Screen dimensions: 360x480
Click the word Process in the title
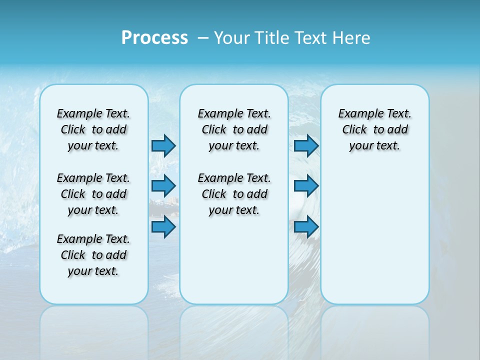[154, 38]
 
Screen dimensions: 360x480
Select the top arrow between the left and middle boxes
[163, 145]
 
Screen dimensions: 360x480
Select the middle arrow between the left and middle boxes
[163, 186]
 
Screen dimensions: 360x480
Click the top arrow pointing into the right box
[306, 145]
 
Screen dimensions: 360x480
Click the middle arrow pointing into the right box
[306, 186]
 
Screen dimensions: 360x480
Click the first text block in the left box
[93, 129]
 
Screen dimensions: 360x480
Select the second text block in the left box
[93, 194]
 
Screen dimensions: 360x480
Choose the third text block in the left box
[93, 255]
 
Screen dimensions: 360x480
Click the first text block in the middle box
[234, 129]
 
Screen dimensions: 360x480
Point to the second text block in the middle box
[234, 194]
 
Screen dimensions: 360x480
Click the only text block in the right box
[374, 129]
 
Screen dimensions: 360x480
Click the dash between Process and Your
[203, 38]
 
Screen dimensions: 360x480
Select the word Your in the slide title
[231, 38]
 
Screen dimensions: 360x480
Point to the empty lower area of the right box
[374, 235]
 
